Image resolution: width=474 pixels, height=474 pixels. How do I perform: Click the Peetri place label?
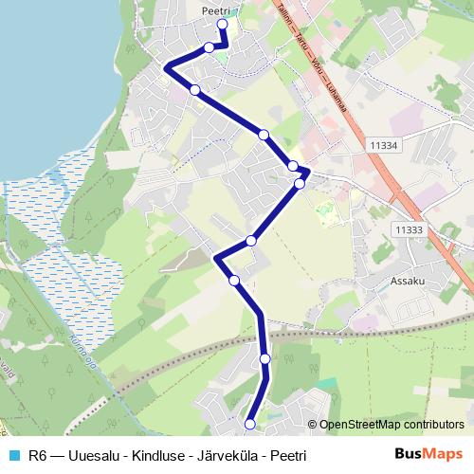(216, 9)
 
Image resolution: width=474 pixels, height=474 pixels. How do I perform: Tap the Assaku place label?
(410, 282)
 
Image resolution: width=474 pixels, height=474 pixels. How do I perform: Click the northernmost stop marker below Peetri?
(222, 25)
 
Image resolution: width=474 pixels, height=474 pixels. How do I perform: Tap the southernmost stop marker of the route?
(250, 424)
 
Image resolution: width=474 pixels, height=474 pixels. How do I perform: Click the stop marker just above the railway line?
(234, 280)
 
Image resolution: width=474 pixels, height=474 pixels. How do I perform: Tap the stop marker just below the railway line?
(264, 358)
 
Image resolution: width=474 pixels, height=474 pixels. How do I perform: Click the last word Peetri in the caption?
(287, 456)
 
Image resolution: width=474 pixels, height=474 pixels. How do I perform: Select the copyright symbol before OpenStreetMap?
(312, 425)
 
